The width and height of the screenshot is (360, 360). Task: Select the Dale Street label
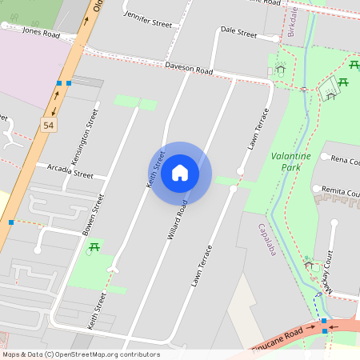pos(238,34)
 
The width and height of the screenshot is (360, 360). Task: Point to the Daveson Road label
pos(189,70)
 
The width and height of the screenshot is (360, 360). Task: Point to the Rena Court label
pos(345,161)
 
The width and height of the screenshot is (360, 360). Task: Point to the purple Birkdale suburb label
pos(293,24)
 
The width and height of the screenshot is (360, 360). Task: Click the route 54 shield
pos(50,126)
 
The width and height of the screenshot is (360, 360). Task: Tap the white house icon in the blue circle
pos(180,172)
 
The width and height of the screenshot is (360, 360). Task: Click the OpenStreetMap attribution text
pos(81,354)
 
